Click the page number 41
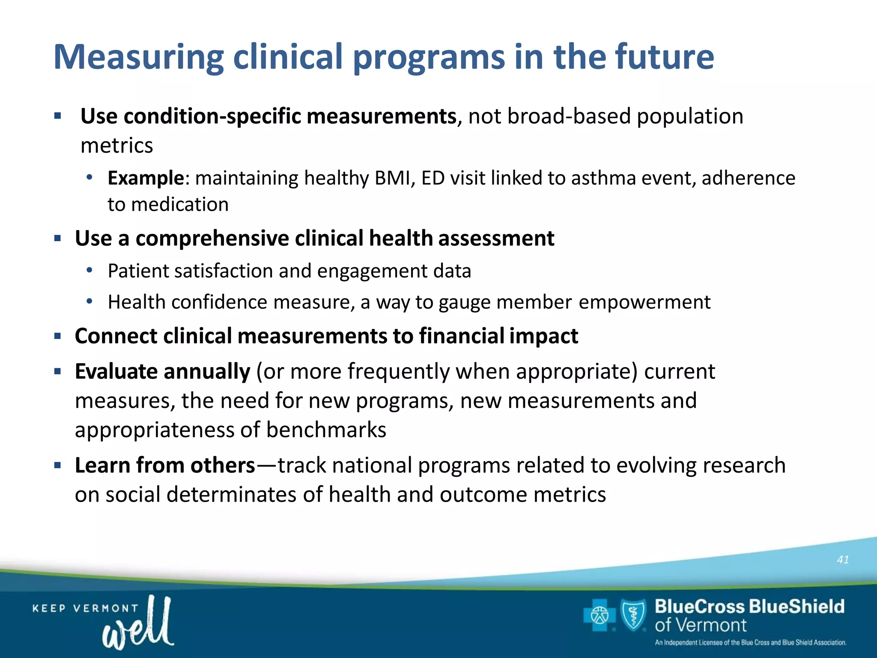click(x=843, y=559)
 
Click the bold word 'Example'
click(x=146, y=178)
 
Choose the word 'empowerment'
click(x=644, y=302)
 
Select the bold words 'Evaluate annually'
click(x=162, y=371)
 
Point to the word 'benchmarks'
click(x=326, y=430)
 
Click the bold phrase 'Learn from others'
click(x=165, y=465)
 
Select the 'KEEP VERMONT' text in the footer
click(x=85, y=608)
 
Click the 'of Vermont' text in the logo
click(x=701, y=625)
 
